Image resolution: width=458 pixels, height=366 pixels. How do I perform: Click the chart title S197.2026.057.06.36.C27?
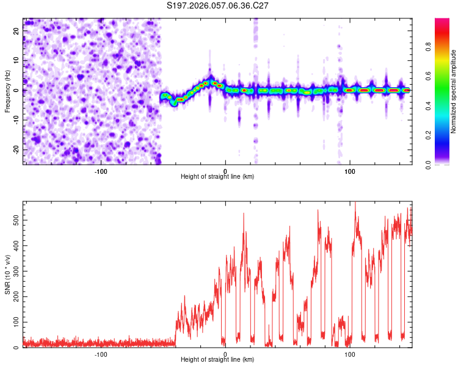coord(218,5)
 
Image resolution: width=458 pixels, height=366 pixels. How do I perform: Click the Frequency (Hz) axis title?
coord(7,90)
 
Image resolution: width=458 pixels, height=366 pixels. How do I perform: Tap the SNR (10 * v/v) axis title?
coord(7,274)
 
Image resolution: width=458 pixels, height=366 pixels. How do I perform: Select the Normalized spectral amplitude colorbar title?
coord(454,91)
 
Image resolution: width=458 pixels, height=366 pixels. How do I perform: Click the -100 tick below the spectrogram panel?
coord(101,170)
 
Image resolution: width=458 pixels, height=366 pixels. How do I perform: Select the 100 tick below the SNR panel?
coord(350,354)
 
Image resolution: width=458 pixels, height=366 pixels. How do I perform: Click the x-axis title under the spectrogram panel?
coord(217,176)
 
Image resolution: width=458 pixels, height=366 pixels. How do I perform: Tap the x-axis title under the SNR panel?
coord(217,360)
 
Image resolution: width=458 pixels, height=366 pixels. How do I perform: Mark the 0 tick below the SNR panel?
coord(225,354)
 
